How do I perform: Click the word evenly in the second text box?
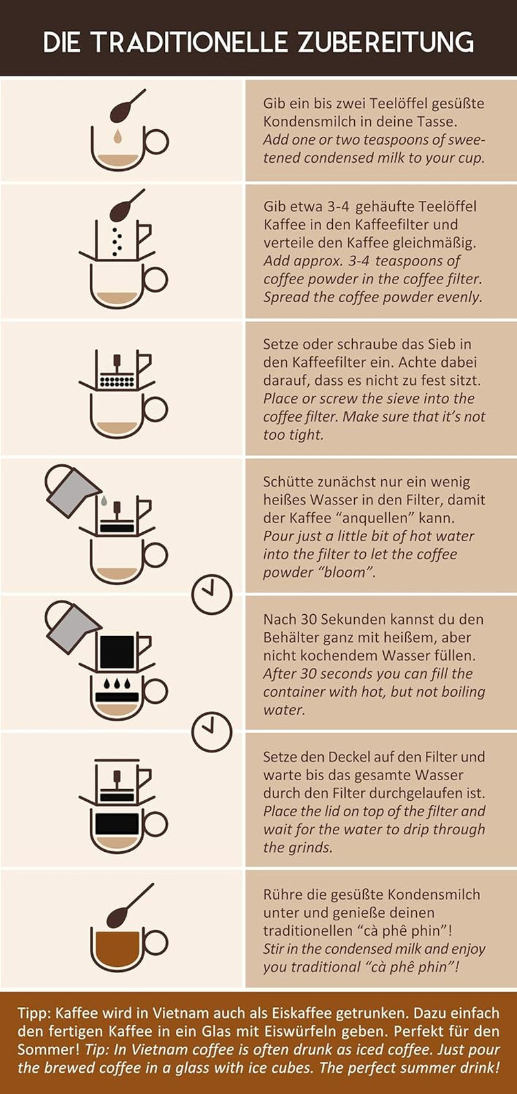[x=459, y=297]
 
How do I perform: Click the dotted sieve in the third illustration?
[x=117, y=381]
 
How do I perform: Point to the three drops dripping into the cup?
[x=117, y=683]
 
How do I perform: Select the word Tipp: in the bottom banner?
[x=34, y=1013]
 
